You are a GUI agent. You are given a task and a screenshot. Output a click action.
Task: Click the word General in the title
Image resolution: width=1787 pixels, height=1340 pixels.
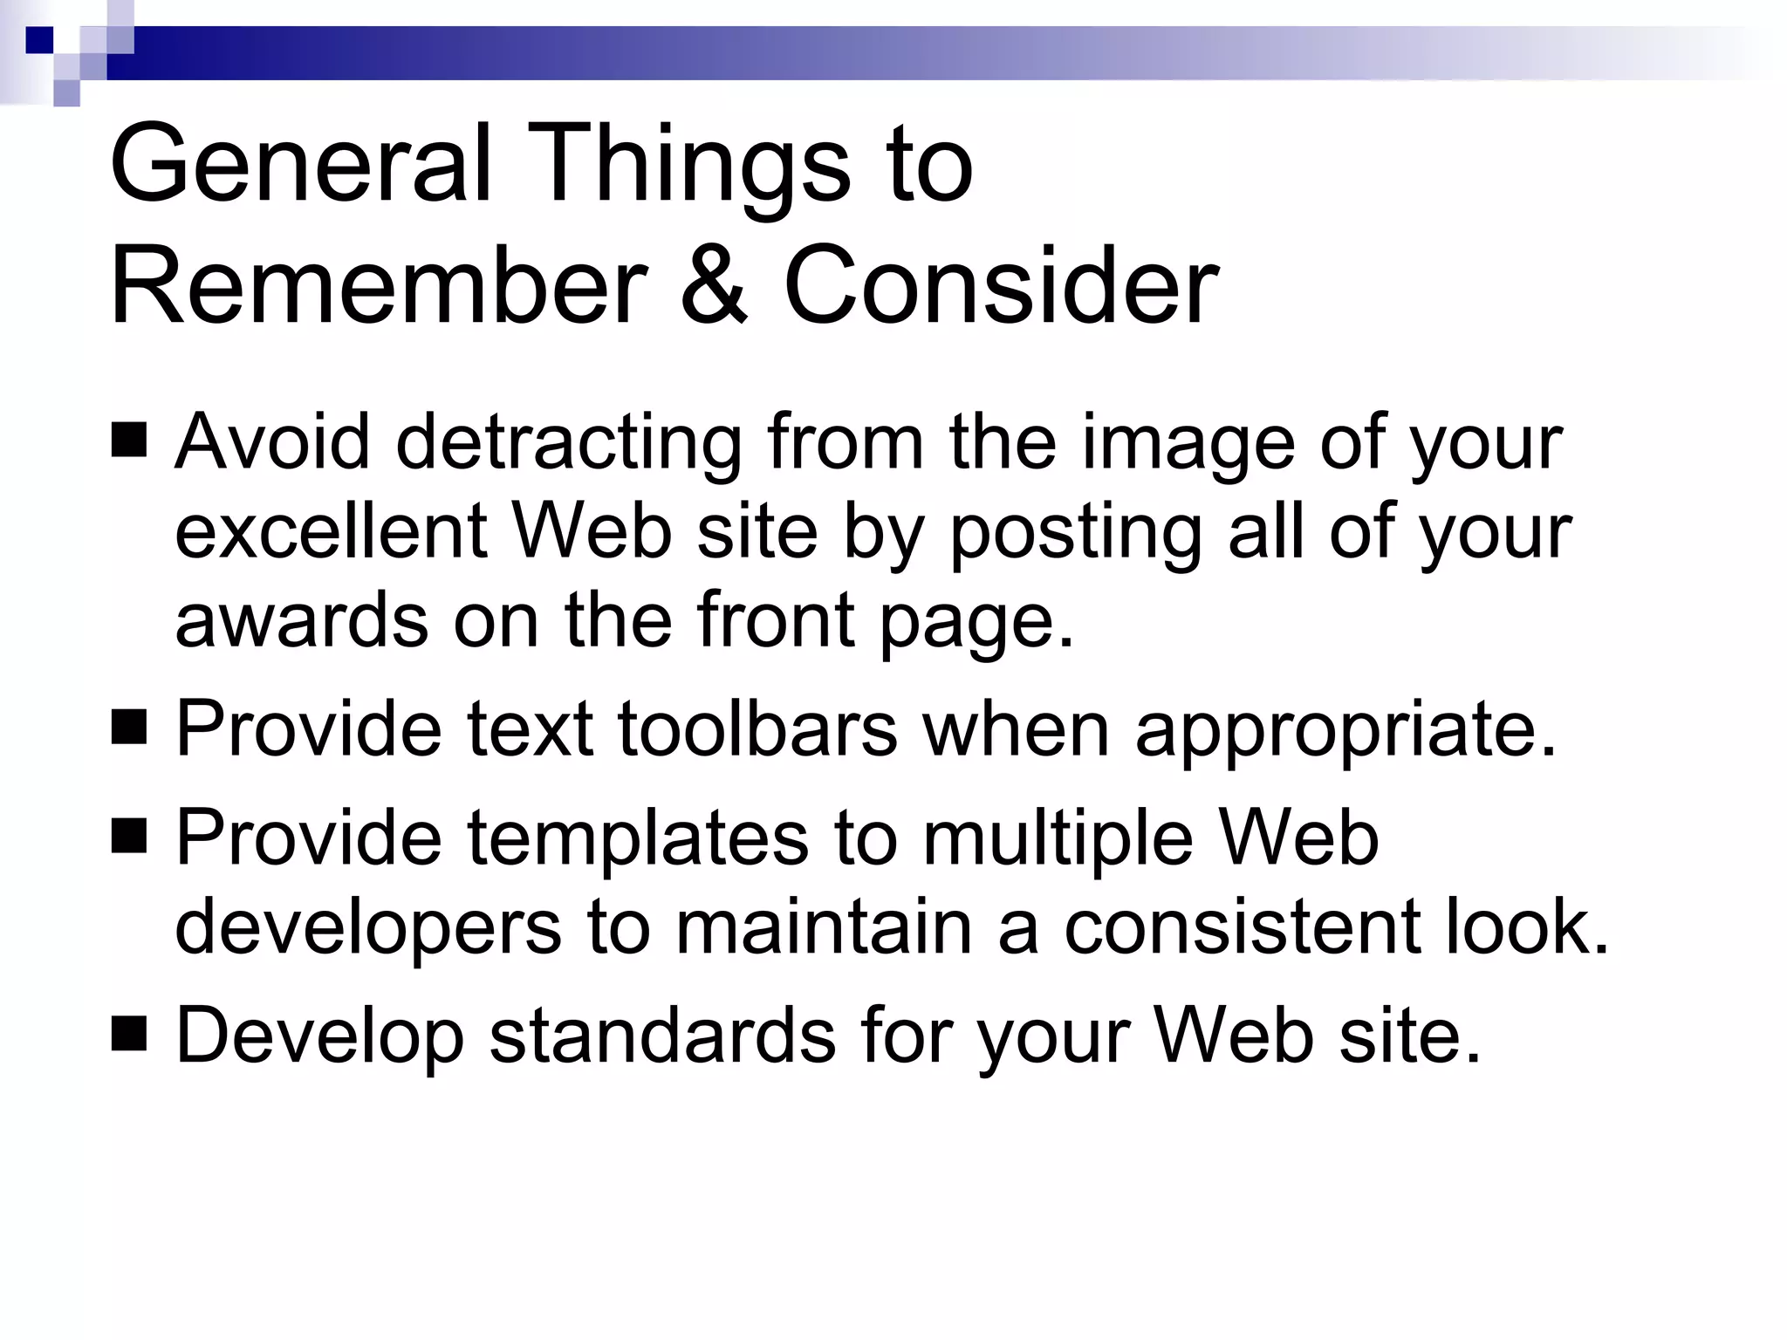click(x=301, y=163)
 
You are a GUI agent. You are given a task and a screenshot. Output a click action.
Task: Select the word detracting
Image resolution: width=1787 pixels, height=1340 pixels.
click(x=568, y=443)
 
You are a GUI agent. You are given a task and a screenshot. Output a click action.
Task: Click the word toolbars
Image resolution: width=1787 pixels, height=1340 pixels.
click(x=757, y=728)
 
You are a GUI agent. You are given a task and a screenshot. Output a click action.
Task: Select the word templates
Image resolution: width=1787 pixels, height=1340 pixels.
click(x=638, y=838)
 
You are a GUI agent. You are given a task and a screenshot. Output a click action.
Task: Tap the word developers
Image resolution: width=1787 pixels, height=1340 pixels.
click(x=368, y=928)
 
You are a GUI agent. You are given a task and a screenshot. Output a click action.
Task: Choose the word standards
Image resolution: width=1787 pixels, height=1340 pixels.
click(x=662, y=1036)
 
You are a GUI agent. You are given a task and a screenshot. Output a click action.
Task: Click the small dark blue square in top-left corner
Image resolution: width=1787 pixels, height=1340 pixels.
click(x=39, y=40)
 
